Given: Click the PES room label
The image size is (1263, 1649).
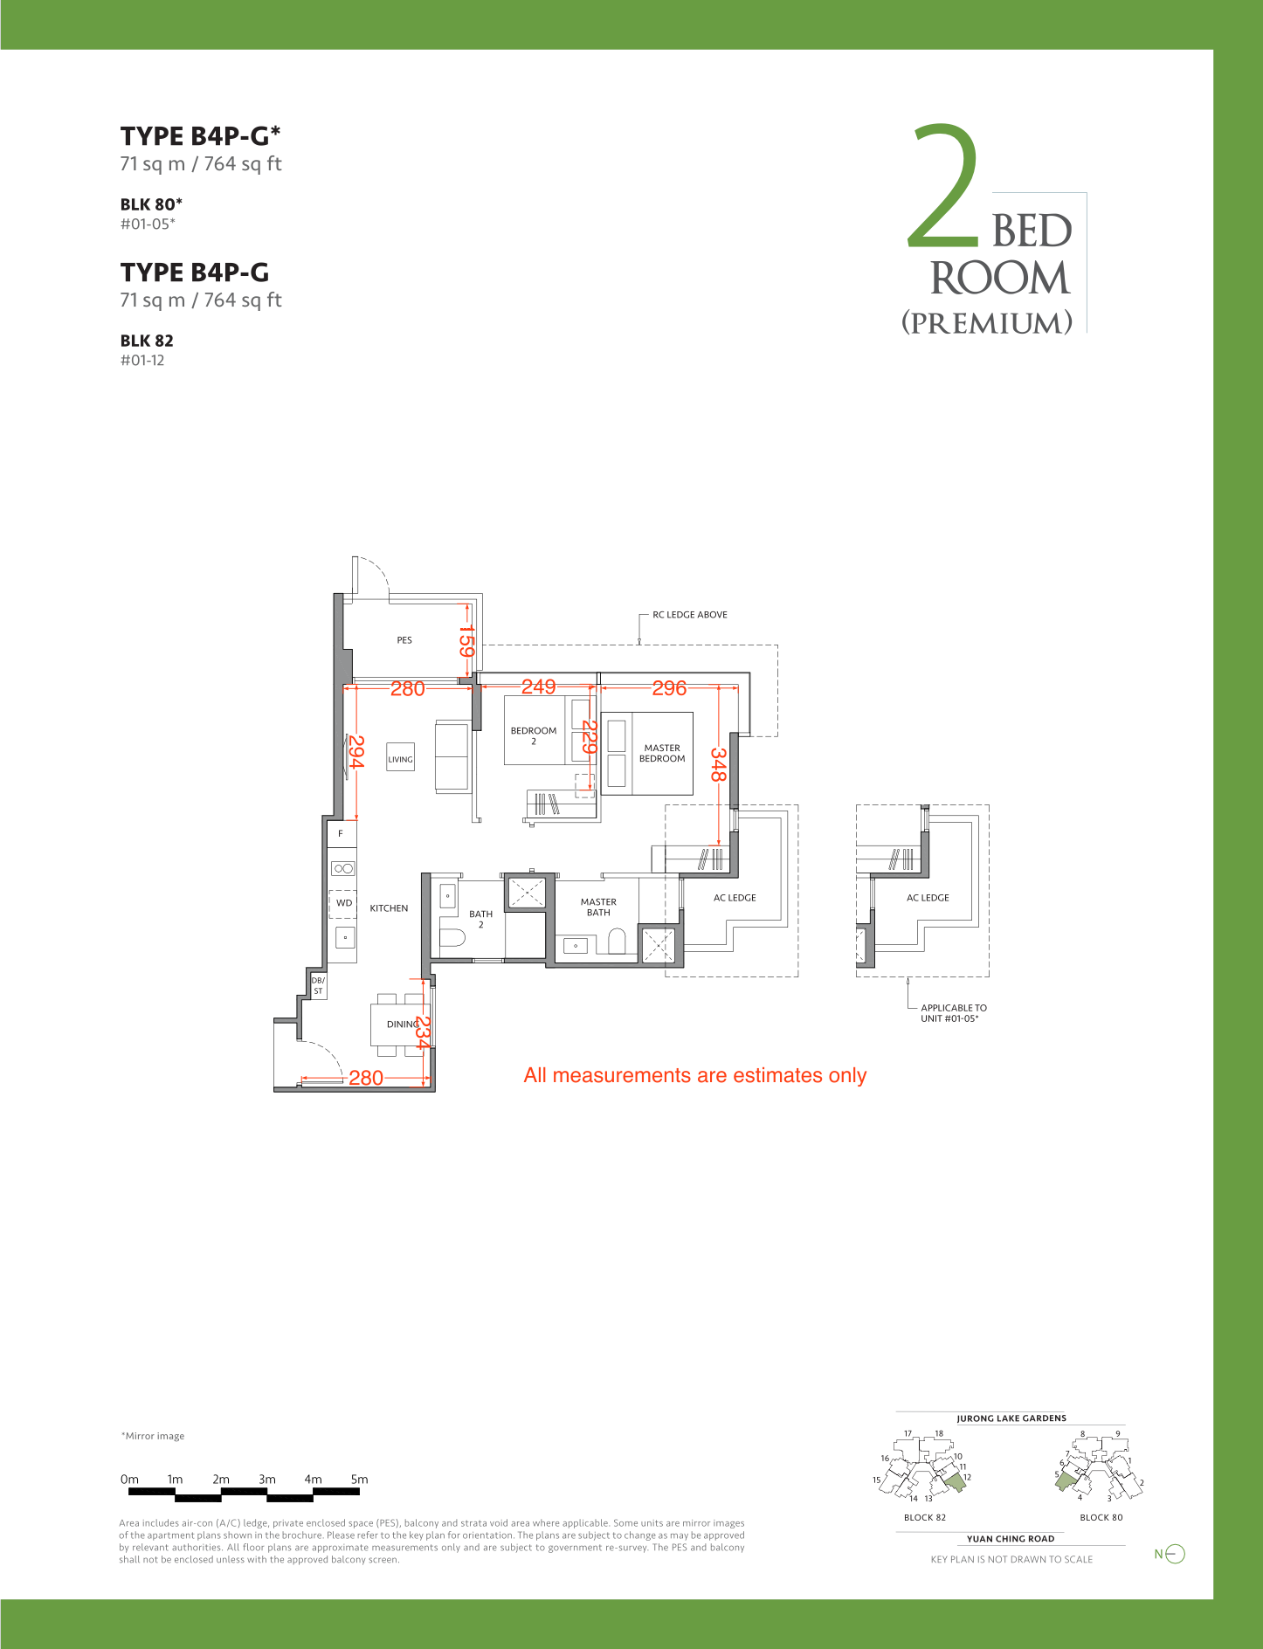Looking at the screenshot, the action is tap(404, 640).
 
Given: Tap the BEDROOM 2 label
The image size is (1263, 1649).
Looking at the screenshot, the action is tap(534, 736).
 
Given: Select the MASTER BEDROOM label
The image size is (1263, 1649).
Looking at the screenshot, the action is tap(662, 754).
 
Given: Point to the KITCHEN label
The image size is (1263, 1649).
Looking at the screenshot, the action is tap(389, 908).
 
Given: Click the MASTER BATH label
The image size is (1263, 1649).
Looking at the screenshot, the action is tap(598, 907).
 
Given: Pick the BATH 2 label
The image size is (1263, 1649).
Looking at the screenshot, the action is tap(480, 920).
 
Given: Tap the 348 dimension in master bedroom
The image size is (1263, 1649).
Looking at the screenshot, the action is tap(718, 764).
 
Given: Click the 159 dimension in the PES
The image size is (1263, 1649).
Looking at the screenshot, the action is tap(467, 641).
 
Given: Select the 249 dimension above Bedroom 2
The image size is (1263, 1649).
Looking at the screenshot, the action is tap(539, 687).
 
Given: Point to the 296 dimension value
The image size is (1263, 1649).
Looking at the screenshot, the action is tap(669, 688).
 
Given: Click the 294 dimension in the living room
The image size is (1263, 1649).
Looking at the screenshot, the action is tap(356, 752).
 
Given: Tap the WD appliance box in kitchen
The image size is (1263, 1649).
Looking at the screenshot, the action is tap(343, 903).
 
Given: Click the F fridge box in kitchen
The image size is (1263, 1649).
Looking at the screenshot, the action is tap(342, 833).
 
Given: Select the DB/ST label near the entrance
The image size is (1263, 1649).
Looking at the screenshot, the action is tap(318, 986).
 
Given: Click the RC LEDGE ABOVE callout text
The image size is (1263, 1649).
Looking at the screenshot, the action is tap(690, 615).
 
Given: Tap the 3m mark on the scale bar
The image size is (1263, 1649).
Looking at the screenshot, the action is tap(267, 1480).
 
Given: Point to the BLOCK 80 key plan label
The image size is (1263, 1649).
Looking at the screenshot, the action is tap(1101, 1517).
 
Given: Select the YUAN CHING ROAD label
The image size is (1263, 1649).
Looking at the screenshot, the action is tap(1011, 1539).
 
